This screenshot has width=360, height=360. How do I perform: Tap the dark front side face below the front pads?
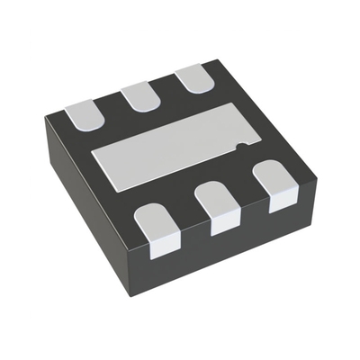234,243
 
